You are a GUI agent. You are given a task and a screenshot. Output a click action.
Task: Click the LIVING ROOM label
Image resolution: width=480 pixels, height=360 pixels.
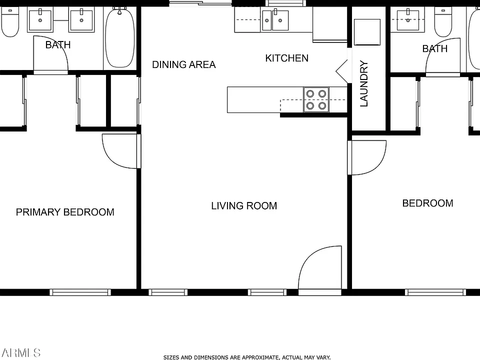[244, 205]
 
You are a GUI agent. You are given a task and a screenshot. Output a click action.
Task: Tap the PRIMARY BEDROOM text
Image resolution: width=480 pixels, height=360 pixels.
[65, 212]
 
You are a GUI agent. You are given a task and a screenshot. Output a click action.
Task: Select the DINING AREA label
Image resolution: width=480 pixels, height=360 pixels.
[183, 64]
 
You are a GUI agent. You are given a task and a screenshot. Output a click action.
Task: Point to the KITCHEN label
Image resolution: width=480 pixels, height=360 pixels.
[287, 58]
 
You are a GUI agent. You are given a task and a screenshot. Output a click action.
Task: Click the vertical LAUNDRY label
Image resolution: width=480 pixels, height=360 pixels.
[363, 83]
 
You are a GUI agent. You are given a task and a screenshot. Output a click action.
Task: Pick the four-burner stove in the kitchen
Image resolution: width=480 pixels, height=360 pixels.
[316, 100]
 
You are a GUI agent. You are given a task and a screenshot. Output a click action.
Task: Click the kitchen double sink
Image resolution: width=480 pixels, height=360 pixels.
[275, 20]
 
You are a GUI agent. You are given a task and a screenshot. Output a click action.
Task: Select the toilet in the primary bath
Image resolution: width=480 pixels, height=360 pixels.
[10, 21]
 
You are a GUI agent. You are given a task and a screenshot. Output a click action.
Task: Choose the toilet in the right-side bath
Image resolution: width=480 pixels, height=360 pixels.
[443, 21]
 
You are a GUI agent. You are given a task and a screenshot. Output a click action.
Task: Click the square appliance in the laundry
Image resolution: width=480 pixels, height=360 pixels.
[367, 32]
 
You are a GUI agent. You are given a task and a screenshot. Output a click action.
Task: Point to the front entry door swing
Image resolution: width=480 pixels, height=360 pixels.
[320, 267]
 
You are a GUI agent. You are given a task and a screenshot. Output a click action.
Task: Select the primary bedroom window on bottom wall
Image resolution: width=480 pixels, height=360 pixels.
[80, 292]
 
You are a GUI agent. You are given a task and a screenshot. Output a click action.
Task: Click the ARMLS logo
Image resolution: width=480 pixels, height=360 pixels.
[21, 352]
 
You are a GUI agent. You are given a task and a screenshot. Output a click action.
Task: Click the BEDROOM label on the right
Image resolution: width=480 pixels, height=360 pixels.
[427, 203]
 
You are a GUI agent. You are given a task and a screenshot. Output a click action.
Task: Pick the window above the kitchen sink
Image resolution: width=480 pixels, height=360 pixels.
[285, 3]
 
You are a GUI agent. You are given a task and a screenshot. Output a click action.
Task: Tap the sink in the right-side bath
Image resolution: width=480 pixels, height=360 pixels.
[408, 20]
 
